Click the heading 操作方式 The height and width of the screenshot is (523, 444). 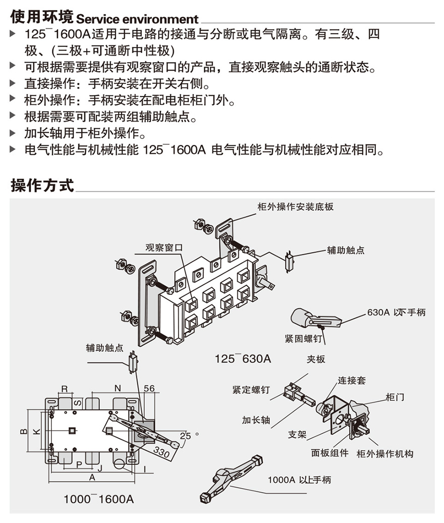click(42, 185)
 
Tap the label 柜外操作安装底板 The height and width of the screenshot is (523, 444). click(295, 207)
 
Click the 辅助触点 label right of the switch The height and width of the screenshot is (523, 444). click(346, 250)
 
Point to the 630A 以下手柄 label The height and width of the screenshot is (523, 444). click(396, 312)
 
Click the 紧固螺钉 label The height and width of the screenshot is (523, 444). click(303, 338)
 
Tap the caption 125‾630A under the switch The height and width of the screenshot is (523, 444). click(243, 359)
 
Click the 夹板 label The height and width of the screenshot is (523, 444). click(316, 359)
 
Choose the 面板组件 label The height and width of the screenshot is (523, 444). click(329, 453)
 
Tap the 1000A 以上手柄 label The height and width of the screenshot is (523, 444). click(299, 480)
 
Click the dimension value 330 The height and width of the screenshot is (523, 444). click(161, 452)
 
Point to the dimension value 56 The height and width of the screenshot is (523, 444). click(149, 388)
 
